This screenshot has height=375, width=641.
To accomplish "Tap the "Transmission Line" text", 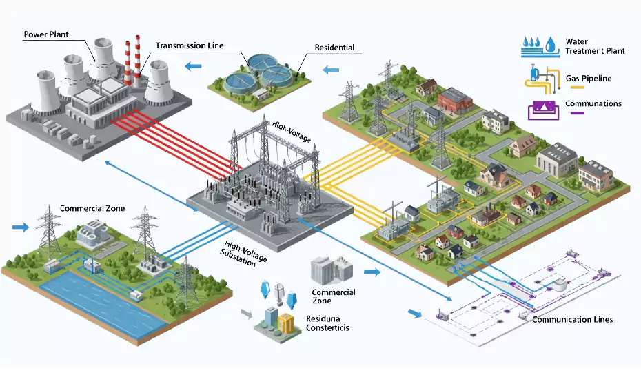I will [x=190, y=45].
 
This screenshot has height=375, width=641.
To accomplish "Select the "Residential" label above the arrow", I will [x=334, y=48].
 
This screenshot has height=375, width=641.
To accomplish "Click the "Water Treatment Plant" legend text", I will [x=595, y=46].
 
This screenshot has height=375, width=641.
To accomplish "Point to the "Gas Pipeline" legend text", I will [x=588, y=79].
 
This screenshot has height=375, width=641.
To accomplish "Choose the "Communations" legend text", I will [x=593, y=104].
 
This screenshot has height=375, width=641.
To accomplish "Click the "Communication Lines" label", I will [x=573, y=319].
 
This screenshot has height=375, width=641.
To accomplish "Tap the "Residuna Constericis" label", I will [x=327, y=323].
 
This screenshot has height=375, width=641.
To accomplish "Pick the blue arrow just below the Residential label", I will [x=332, y=69].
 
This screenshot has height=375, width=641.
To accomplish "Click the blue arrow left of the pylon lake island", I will [x=21, y=226].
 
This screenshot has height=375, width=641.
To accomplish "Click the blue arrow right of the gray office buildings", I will [x=372, y=273].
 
